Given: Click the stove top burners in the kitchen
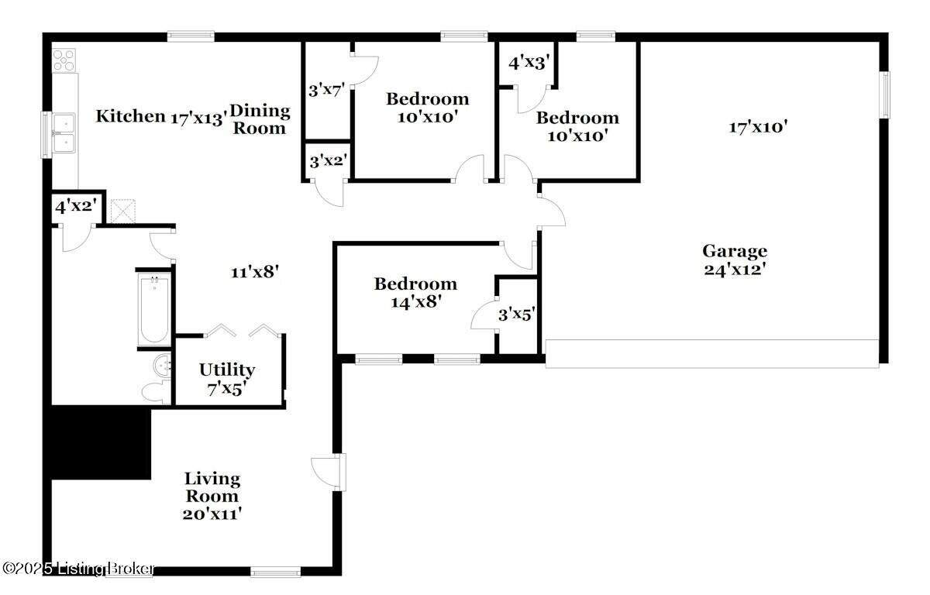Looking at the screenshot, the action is pyautogui.click(x=64, y=60).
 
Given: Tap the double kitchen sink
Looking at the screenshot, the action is pyautogui.click(x=64, y=132).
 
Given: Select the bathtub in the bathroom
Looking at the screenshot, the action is pyautogui.click(x=153, y=309).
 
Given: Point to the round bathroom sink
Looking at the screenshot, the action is pyautogui.click(x=162, y=366).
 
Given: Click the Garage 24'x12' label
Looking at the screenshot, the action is pyautogui.click(x=735, y=260).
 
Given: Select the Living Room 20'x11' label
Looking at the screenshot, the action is pyautogui.click(x=212, y=497).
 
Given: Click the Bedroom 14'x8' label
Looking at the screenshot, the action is pyautogui.click(x=415, y=293).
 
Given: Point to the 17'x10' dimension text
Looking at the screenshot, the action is pyautogui.click(x=759, y=127).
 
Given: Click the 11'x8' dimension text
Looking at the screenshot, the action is pyautogui.click(x=254, y=272).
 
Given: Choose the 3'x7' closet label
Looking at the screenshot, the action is pyautogui.click(x=327, y=90).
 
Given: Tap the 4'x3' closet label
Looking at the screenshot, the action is pyautogui.click(x=529, y=63).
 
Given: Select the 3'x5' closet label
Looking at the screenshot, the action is pyautogui.click(x=516, y=315).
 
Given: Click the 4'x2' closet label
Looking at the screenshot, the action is pyautogui.click(x=76, y=206).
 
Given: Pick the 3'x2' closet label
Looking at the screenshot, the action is pyautogui.click(x=328, y=161).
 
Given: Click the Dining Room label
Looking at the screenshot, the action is pyautogui.click(x=260, y=119).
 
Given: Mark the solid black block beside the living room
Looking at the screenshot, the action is pyautogui.click(x=98, y=442).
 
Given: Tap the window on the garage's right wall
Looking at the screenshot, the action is pyautogui.click(x=885, y=95).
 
